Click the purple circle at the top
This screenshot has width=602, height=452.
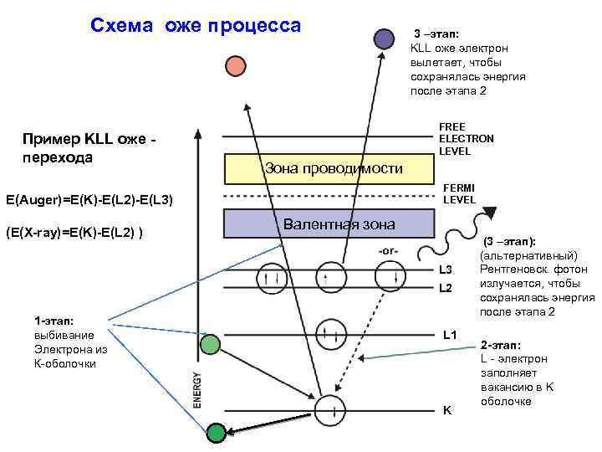point(383,39)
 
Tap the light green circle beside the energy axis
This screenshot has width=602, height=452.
point(210,343)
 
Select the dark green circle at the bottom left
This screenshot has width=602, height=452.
point(217,433)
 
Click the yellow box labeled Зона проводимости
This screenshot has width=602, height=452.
point(329,168)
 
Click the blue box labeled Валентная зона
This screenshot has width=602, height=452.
point(329,223)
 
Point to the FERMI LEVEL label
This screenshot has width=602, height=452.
point(459,194)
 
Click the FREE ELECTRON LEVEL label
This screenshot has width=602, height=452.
point(466,139)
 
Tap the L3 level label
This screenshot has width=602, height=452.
point(446,270)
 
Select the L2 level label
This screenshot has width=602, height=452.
point(446,288)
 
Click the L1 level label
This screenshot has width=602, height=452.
point(450,335)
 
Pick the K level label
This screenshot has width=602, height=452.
point(447,410)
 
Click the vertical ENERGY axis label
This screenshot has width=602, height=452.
point(197,388)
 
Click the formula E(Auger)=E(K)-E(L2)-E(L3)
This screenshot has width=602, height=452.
point(89,201)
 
